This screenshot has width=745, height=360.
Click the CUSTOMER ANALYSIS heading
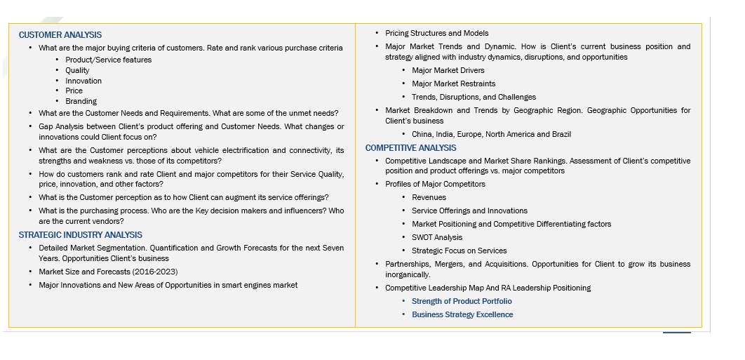pyautogui.click(x=60, y=35)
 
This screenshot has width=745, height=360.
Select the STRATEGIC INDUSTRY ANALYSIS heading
pyautogui.click(x=80, y=235)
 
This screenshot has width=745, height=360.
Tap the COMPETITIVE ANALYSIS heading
pyautogui.click(x=410, y=148)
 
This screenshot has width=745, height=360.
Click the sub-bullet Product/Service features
pyautogui.click(x=108, y=60)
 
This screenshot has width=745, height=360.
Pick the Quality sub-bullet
pyautogui.click(x=77, y=70)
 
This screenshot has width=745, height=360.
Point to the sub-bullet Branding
pyautogui.click(x=81, y=101)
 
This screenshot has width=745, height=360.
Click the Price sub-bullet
pyautogui.click(x=74, y=91)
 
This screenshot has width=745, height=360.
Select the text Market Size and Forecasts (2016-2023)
pyautogui.click(x=108, y=272)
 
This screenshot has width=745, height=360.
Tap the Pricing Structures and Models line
pyautogui.click(x=436, y=33)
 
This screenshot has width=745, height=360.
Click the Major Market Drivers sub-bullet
pyautogui.click(x=448, y=70)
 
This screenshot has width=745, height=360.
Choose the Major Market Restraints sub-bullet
pyautogui.click(x=453, y=84)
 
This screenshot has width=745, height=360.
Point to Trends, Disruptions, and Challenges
pyautogui.click(x=474, y=97)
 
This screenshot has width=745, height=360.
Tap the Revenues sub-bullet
pyautogui.click(x=429, y=197)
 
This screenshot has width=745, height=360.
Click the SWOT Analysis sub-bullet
pyautogui.click(x=437, y=237)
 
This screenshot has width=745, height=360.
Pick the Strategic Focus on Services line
pyautogui.click(x=459, y=251)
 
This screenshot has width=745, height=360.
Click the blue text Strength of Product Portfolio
pyautogui.click(x=462, y=301)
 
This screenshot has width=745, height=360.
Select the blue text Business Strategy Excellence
pyautogui.click(x=462, y=314)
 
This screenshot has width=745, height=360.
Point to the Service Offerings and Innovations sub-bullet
pyautogui.click(x=469, y=211)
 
